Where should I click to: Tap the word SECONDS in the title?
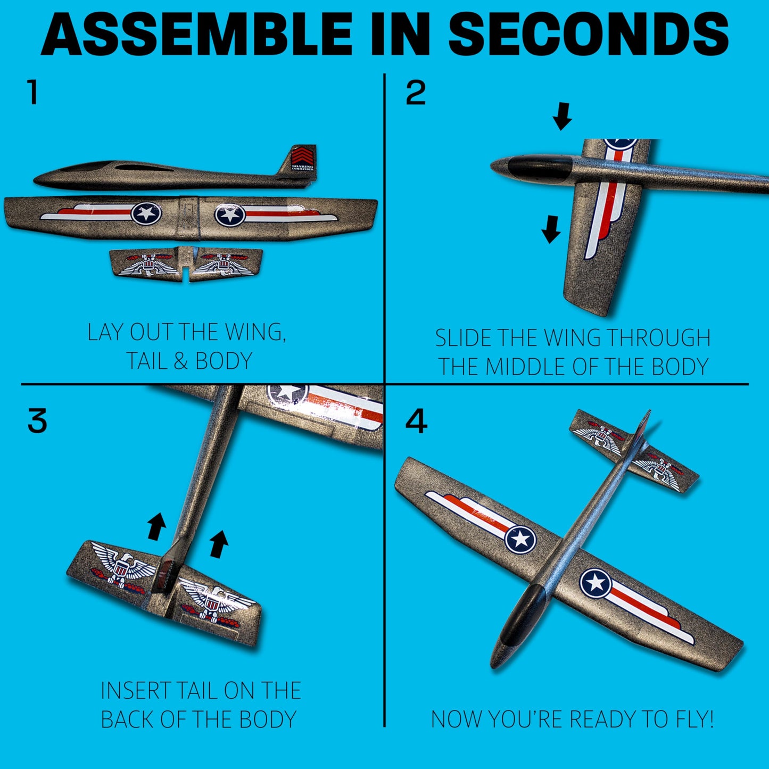click(x=589, y=35)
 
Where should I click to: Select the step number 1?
click(x=32, y=92)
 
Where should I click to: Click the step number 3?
click(x=37, y=420)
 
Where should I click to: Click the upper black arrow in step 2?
click(x=563, y=116)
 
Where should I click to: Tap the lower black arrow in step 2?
click(x=551, y=229)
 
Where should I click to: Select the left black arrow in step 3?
click(x=156, y=526)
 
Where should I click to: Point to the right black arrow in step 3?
click(x=219, y=544)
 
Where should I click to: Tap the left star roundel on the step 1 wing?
click(x=146, y=213)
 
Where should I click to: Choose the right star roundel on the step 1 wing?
click(x=229, y=215)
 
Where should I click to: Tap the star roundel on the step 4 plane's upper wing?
click(x=520, y=540)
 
